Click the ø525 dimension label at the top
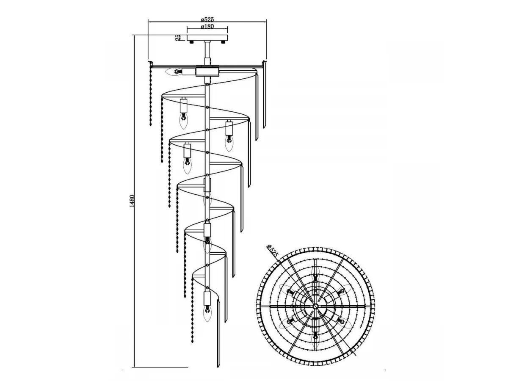[207, 19]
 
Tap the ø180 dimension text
[207, 26]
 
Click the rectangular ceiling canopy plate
[207, 38]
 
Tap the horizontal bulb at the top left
[174, 72]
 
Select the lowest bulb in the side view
[207, 313]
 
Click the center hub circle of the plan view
[315, 306]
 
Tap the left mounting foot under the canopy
[191, 42]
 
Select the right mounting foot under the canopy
[223, 42]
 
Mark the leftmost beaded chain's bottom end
[151, 125]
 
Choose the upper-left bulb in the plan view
[287, 290]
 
